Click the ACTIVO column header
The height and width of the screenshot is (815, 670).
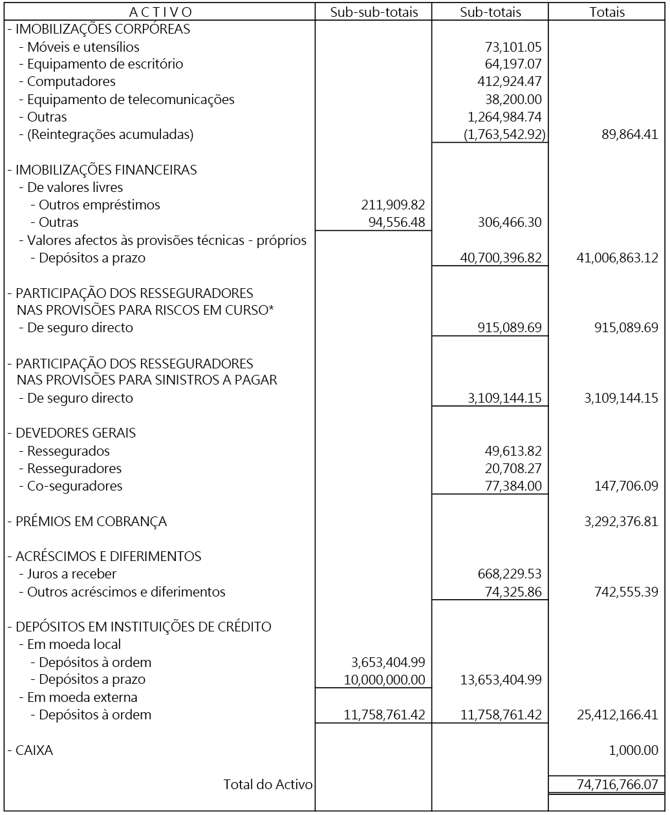click(160, 12)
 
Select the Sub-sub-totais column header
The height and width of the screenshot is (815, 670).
click(374, 12)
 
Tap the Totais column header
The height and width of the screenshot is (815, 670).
click(607, 12)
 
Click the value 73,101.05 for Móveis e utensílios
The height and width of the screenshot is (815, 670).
click(513, 47)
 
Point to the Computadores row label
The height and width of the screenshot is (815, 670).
click(71, 81)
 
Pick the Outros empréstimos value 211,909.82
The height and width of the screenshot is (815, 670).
click(393, 205)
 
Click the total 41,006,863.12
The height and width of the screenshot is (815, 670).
click(617, 258)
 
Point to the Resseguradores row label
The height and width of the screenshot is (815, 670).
click(74, 469)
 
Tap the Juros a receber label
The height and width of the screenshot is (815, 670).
click(72, 574)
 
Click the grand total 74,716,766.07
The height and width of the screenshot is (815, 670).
click(617, 785)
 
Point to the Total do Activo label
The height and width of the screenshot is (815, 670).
click(268, 785)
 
